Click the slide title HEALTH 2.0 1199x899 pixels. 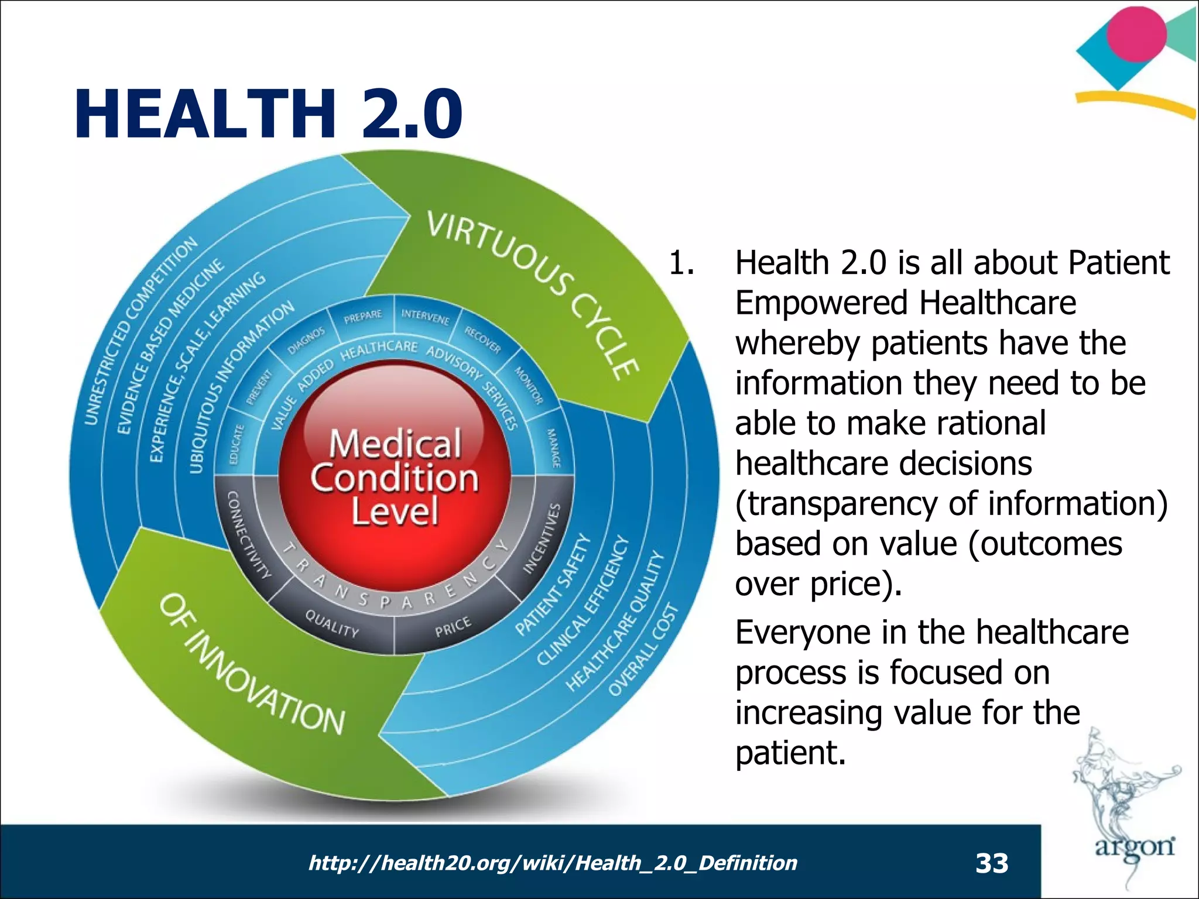pos(268,114)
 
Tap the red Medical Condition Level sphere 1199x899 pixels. pos(395,477)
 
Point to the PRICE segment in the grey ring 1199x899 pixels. pos(452,627)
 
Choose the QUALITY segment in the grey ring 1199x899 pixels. pos(332,623)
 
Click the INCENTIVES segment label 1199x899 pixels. pos(542,538)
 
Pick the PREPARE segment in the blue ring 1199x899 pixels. pos(362,317)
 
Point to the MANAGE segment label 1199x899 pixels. pos(553,448)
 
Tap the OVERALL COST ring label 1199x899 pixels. pos(643,649)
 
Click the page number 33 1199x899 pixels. pos(992,863)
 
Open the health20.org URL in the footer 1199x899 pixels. pos(552,863)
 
